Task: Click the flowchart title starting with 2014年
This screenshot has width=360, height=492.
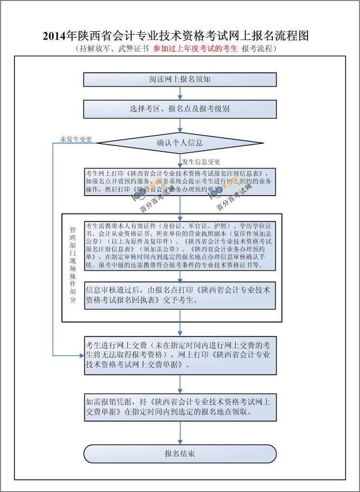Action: pos(175,36)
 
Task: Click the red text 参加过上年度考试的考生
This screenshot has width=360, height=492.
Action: pos(195,49)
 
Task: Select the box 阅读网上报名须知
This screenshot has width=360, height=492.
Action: pos(180,80)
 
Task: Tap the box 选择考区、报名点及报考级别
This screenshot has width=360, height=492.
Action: pos(180,109)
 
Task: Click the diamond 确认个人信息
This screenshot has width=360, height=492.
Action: pos(180,143)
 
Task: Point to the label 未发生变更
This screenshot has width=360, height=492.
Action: pos(76,139)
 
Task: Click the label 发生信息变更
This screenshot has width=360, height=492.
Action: pos(201,162)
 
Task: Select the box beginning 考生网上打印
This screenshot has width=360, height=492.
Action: pos(180,182)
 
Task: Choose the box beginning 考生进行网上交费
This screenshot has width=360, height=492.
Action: pos(180,356)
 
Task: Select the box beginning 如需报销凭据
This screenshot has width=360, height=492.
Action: pos(180,407)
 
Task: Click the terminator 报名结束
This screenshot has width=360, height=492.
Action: pos(180,454)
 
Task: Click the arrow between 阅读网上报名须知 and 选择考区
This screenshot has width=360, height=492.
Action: pos(180,93)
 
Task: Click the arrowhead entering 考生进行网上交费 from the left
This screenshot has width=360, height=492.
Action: pos(81,356)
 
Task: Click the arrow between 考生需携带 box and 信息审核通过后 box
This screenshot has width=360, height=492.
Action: pos(180,276)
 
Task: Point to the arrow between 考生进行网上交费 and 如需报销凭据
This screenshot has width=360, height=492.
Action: pos(180,384)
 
